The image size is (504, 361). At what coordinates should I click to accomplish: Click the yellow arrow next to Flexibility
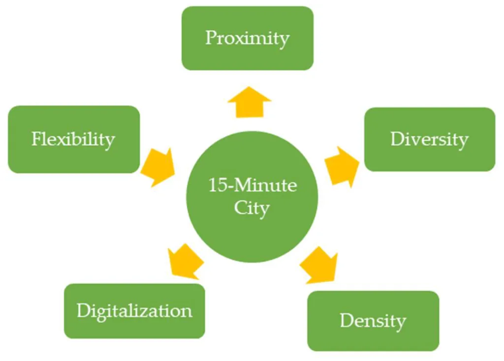(x=159, y=166)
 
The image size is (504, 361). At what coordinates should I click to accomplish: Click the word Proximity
(x=247, y=38)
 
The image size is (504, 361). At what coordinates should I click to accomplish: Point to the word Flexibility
(x=73, y=139)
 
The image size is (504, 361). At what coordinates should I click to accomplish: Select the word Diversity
(x=429, y=139)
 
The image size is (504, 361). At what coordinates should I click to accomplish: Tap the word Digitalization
(x=134, y=311)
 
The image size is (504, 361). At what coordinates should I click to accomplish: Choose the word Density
(x=373, y=321)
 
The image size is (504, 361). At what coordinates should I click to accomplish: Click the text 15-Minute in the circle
(x=252, y=186)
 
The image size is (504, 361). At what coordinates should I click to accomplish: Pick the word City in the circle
(x=252, y=208)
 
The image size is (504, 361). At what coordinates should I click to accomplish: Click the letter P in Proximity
(x=211, y=38)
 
